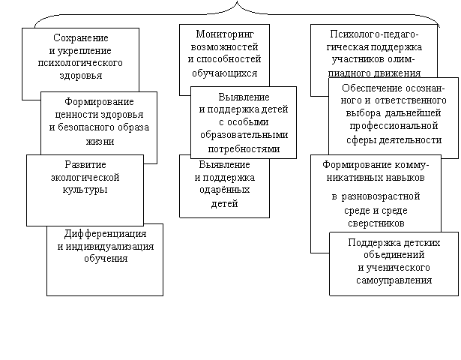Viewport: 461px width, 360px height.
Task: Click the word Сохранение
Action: pyautogui.click(x=81, y=38)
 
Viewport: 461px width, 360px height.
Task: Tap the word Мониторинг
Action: pyautogui.click(x=225, y=34)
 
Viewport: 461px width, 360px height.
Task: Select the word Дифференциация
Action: pyautogui.click(x=105, y=234)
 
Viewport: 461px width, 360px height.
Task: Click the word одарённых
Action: pyautogui.click(x=225, y=190)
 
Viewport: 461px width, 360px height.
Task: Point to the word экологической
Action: pyautogui.click(x=85, y=178)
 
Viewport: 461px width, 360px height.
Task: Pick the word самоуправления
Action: pyautogui.click(x=394, y=280)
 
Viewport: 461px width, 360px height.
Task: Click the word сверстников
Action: pyautogui.click(x=376, y=223)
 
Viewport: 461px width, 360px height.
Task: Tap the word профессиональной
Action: pyautogui.click(x=394, y=126)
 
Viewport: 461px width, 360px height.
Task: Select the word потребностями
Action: pyautogui.click(x=244, y=149)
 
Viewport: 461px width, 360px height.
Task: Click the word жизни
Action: pyautogui.click(x=100, y=142)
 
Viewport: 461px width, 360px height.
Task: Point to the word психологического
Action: pyautogui.click(x=80, y=63)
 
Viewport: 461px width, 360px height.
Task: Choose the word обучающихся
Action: pyautogui.click(x=225, y=73)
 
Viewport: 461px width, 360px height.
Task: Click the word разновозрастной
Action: pyautogui.click(x=381, y=196)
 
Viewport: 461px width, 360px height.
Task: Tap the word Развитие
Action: pyautogui.click(x=85, y=164)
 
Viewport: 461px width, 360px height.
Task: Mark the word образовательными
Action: pyautogui.click(x=244, y=135)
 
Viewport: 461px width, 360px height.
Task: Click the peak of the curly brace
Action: pyautogui.click(x=237, y=1)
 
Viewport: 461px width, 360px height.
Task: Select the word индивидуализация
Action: pyautogui.click(x=109, y=246)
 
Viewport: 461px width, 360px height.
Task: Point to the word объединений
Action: pyautogui.click(x=394, y=255)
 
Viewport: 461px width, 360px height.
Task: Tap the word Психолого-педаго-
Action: pyautogui.click(x=374, y=34)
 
